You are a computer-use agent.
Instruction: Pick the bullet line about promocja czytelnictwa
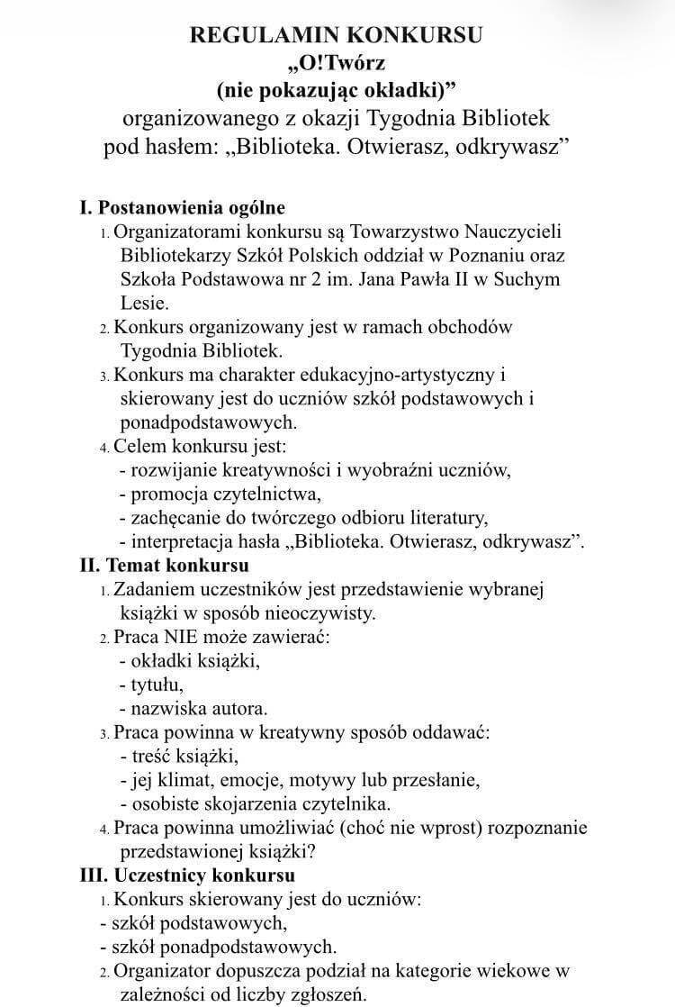pos(220,493)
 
